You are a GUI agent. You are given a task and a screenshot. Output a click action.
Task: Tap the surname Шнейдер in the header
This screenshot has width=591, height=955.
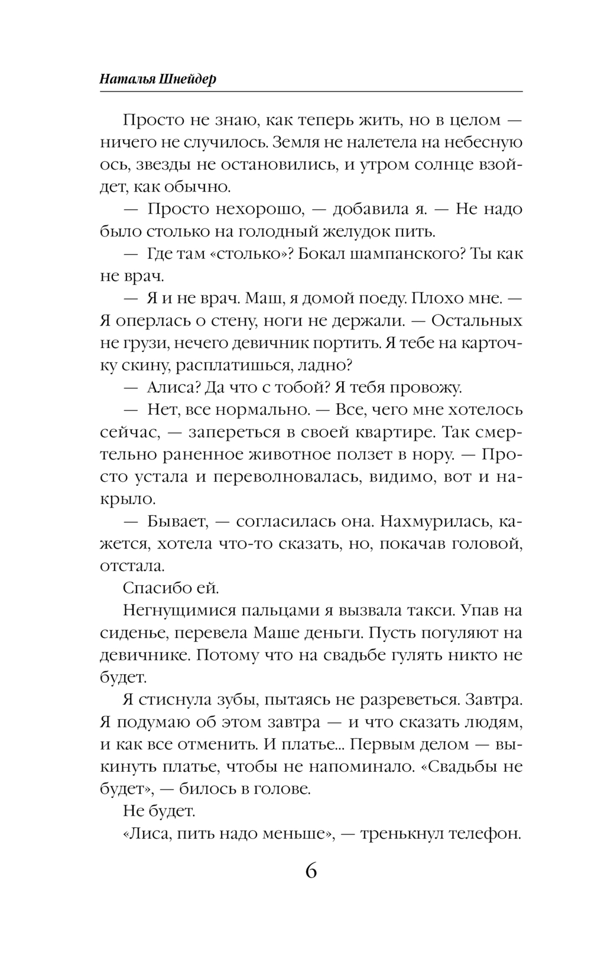coord(189,79)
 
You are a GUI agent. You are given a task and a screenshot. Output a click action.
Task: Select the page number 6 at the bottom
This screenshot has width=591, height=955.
coord(311,871)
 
